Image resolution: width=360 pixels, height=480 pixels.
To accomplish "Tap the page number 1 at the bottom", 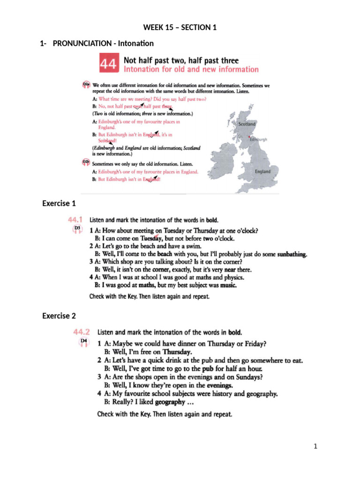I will tap(316, 446).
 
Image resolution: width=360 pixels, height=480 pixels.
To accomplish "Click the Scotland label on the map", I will tap(247, 124).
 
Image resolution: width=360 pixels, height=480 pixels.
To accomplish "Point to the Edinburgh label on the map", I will tap(258, 140).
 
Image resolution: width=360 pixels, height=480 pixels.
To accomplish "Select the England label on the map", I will tap(262, 172).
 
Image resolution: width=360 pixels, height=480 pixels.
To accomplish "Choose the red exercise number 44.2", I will tap(83, 332).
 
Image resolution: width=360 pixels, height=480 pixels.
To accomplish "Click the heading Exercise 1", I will tap(59, 203).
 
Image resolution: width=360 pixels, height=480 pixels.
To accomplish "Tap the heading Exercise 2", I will tap(59, 316).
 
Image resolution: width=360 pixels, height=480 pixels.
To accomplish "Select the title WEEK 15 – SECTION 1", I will tap(180, 28).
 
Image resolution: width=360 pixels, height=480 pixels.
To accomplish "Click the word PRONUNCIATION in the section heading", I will tap(82, 44).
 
